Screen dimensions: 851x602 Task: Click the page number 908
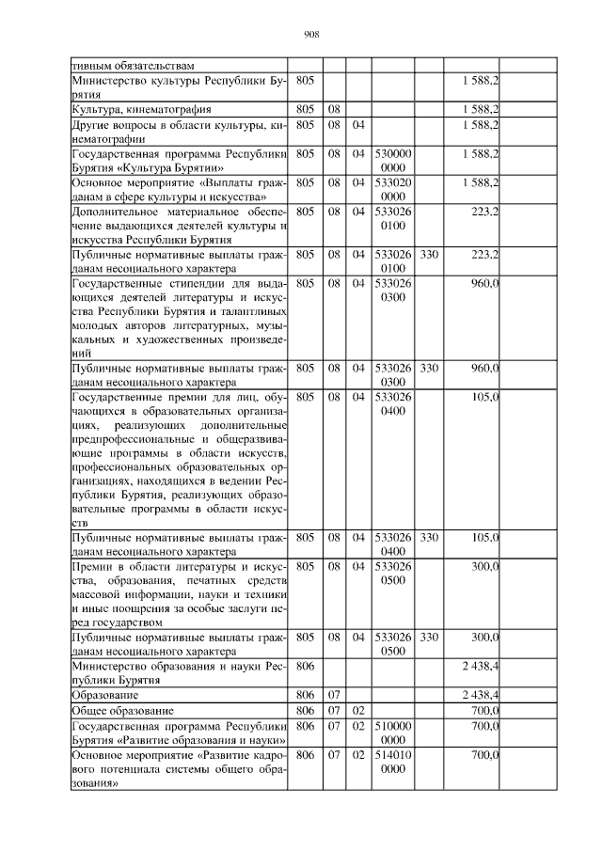312,35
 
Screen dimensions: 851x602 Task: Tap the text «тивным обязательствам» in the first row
133,66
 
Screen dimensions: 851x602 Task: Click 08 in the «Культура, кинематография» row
334,110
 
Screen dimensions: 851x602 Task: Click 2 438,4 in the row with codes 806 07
480,694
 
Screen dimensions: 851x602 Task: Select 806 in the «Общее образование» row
304,710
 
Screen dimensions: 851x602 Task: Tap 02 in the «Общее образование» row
358,710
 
